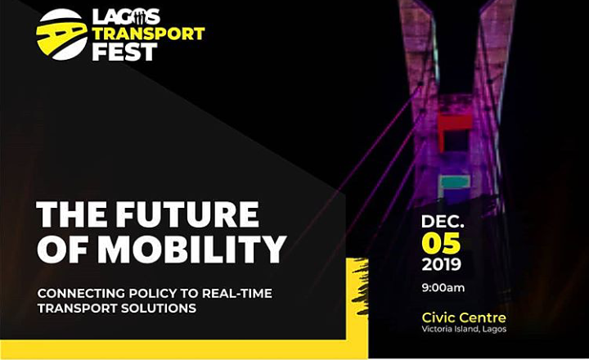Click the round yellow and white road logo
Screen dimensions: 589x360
click(62, 34)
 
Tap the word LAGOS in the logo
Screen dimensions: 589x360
click(126, 17)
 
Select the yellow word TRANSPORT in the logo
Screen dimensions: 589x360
click(148, 34)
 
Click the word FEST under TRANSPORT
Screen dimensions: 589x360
click(124, 52)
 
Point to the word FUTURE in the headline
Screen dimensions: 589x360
click(187, 214)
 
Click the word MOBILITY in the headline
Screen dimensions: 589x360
click(192, 250)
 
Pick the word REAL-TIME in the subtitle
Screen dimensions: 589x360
click(237, 293)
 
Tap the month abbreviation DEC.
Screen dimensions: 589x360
click(443, 222)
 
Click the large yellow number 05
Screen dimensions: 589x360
click(441, 243)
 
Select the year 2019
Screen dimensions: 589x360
click(442, 264)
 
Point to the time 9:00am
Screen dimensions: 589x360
click(443, 288)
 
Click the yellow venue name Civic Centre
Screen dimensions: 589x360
click(464, 318)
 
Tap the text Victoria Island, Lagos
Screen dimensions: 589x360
click(464, 330)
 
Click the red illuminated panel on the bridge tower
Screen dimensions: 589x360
click(454, 127)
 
